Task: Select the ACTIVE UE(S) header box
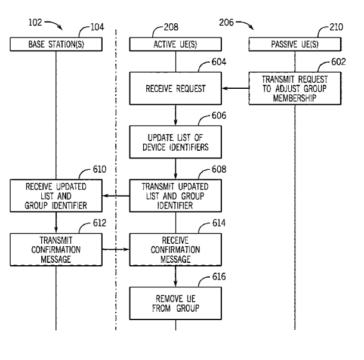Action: pyautogui.click(x=175, y=44)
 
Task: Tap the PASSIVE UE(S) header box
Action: pyautogui.click(x=295, y=44)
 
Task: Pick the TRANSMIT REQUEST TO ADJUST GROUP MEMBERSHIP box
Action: pyautogui.click(x=295, y=89)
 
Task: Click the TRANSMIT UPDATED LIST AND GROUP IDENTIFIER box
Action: pyautogui.click(x=175, y=195)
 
